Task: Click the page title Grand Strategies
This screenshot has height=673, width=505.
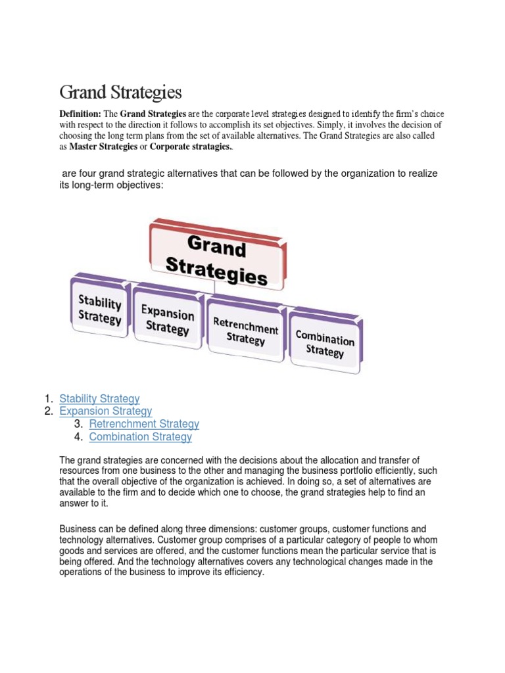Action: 120,91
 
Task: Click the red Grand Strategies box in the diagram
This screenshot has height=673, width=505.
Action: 217,254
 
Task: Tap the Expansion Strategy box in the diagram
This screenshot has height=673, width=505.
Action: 168,318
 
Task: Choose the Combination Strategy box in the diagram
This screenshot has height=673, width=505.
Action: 325,343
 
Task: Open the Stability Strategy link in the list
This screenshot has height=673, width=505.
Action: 99,398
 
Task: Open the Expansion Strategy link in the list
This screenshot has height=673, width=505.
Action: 105,411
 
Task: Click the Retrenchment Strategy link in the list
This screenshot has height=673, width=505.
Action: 144,424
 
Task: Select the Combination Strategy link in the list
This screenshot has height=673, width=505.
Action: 141,437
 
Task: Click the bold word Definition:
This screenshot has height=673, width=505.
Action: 80,114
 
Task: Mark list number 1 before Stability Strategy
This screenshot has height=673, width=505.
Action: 48,398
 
